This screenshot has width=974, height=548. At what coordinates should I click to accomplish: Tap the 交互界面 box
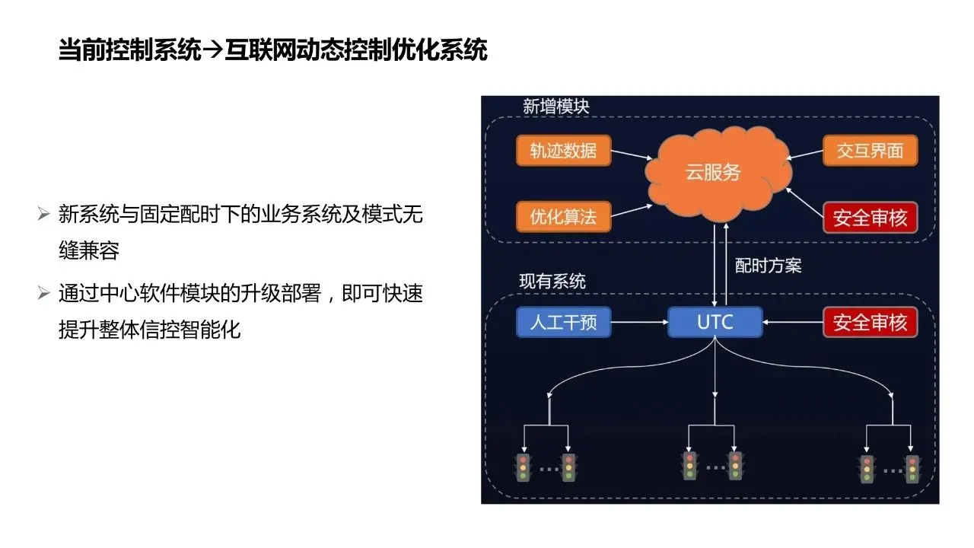pos(870,150)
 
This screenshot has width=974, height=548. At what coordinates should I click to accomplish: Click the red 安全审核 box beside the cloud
pos(870,218)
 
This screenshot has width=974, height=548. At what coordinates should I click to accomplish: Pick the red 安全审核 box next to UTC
pos(870,322)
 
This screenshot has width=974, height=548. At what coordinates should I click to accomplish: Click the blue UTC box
pos(715,322)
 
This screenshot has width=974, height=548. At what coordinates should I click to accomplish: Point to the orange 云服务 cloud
pos(713,173)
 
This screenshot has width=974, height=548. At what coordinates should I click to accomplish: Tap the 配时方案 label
pos(768,266)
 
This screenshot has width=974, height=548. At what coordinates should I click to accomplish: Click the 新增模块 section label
pos(555,106)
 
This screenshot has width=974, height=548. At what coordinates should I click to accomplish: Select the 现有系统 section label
pos(552,281)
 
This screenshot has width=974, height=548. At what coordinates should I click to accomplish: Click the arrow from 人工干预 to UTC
pos(639,322)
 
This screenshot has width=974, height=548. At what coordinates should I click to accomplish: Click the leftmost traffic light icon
pos(523,467)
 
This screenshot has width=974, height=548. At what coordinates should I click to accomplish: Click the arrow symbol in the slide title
pos(214,51)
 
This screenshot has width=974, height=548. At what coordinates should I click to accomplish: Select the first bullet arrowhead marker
pos(43,214)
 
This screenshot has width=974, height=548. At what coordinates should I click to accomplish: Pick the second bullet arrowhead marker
pos(43,293)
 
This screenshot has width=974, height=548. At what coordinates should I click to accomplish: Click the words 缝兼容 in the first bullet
pos(89,250)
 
